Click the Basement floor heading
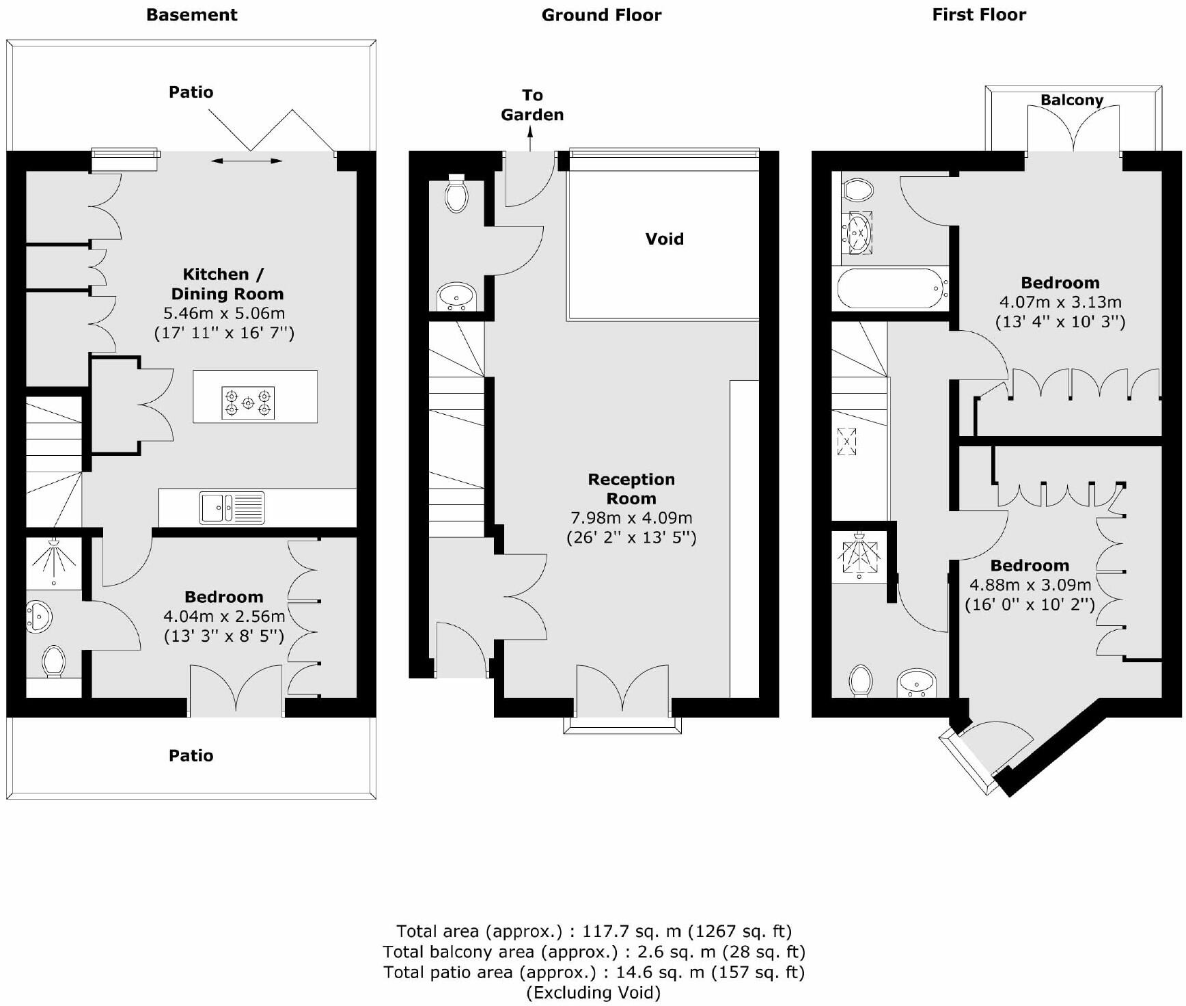pyautogui.click(x=191, y=15)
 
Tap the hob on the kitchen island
pyautogui.click(x=248, y=403)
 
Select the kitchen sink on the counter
pyautogui.click(x=232, y=508)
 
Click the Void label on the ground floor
pyautogui.click(x=664, y=239)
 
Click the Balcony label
pyautogui.click(x=1071, y=100)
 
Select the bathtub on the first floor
pyautogui.click(x=892, y=288)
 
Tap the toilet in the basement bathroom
pyautogui.click(x=53, y=662)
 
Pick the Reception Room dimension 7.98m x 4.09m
pyautogui.click(x=631, y=518)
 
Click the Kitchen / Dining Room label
pyautogui.click(x=226, y=284)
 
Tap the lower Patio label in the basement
pyautogui.click(x=191, y=755)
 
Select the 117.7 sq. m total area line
pyautogui.click(x=594, y=931)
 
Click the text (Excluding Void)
pyautogui.click(x=593, y=992)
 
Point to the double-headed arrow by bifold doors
pyautogui.click(x=247, y=161)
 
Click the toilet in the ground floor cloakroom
pyautogui.click(x=456, y=194)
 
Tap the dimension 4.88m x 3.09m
pyautogui.click(x=1030, y=585)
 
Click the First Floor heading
pyautogui.click(x=978, y=15)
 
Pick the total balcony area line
pyautogui.click(x=594, y=951)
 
